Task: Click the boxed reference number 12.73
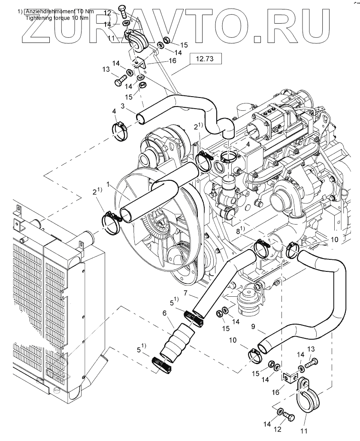coord(205,59)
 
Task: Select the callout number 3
coord(123,106)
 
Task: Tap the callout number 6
coord(164,313)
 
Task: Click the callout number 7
coord(185,293)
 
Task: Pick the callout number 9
coord(253,327)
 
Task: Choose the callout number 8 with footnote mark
coord(240,231)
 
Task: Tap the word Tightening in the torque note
coord(38,18)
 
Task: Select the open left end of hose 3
coord(141,119)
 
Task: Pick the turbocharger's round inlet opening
coord(278,199)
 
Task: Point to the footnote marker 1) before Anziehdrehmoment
coord(20,12)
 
